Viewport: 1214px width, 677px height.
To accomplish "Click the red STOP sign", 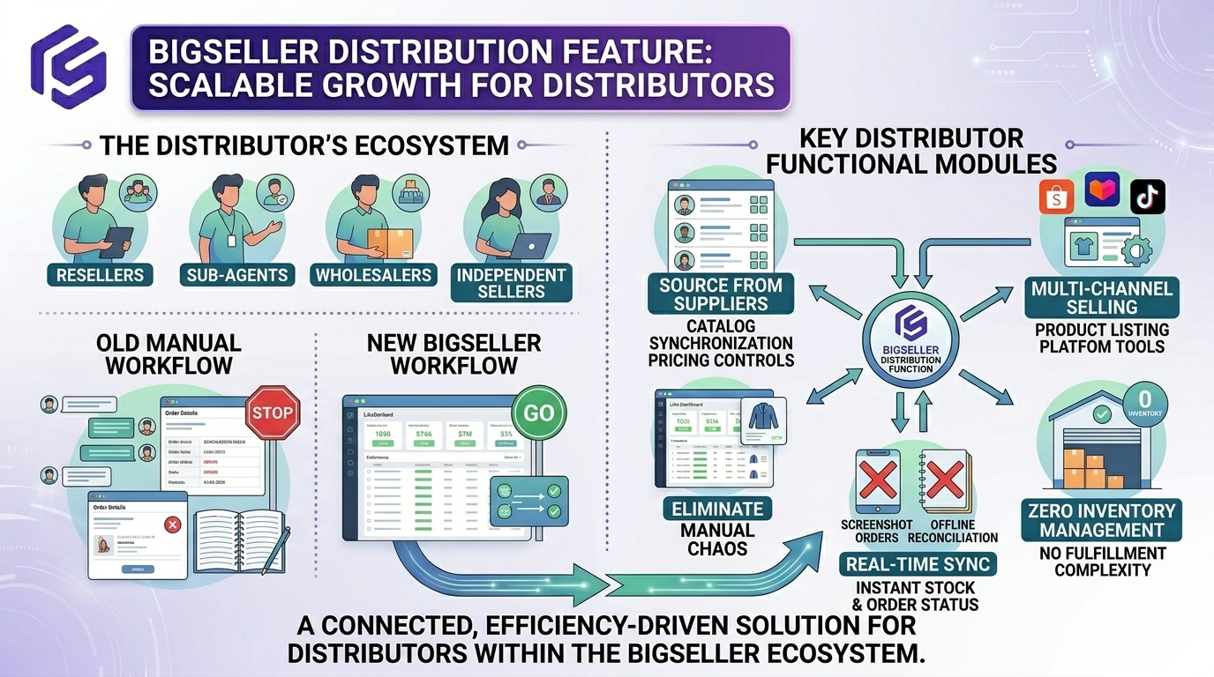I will point(274,412).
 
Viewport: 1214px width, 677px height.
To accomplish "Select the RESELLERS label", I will point(100,274).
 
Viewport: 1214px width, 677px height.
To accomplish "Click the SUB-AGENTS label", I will point(237,274).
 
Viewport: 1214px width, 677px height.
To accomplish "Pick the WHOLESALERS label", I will point(374,274).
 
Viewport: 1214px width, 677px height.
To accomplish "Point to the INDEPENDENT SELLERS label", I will point(511,283).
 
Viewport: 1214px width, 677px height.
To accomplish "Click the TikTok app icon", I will point(1147,196).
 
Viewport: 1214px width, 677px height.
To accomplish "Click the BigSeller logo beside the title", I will point(69,66).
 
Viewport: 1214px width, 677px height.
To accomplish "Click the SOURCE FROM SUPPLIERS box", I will point(721,294).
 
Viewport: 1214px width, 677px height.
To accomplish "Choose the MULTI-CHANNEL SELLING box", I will point(1101,298).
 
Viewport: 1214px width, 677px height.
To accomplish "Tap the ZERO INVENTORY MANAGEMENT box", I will point(1101,520).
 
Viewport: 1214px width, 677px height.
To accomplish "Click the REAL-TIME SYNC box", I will point(918,564).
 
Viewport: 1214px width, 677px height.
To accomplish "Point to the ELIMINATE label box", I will point(717,509).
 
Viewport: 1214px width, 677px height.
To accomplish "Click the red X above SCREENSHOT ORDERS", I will point(878,481).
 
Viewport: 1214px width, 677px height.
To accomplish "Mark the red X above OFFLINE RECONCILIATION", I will point(945,481).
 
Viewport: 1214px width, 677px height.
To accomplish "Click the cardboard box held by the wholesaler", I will point(377,242).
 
